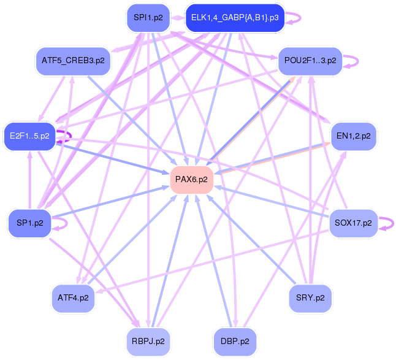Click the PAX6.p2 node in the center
[191, 180]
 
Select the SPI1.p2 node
[148, 18]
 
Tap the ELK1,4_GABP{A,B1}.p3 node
[235, 18]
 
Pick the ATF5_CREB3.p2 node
[73, 61]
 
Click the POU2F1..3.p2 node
[310, 61]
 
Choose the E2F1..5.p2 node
[29, 136]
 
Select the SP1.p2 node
[29, 223]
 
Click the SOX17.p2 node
[353, 223]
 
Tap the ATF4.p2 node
[73, 297]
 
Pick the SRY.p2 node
[310, 297]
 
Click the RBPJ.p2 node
[148, 339]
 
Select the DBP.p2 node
[235, 339]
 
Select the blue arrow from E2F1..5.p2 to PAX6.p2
[110, 157]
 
